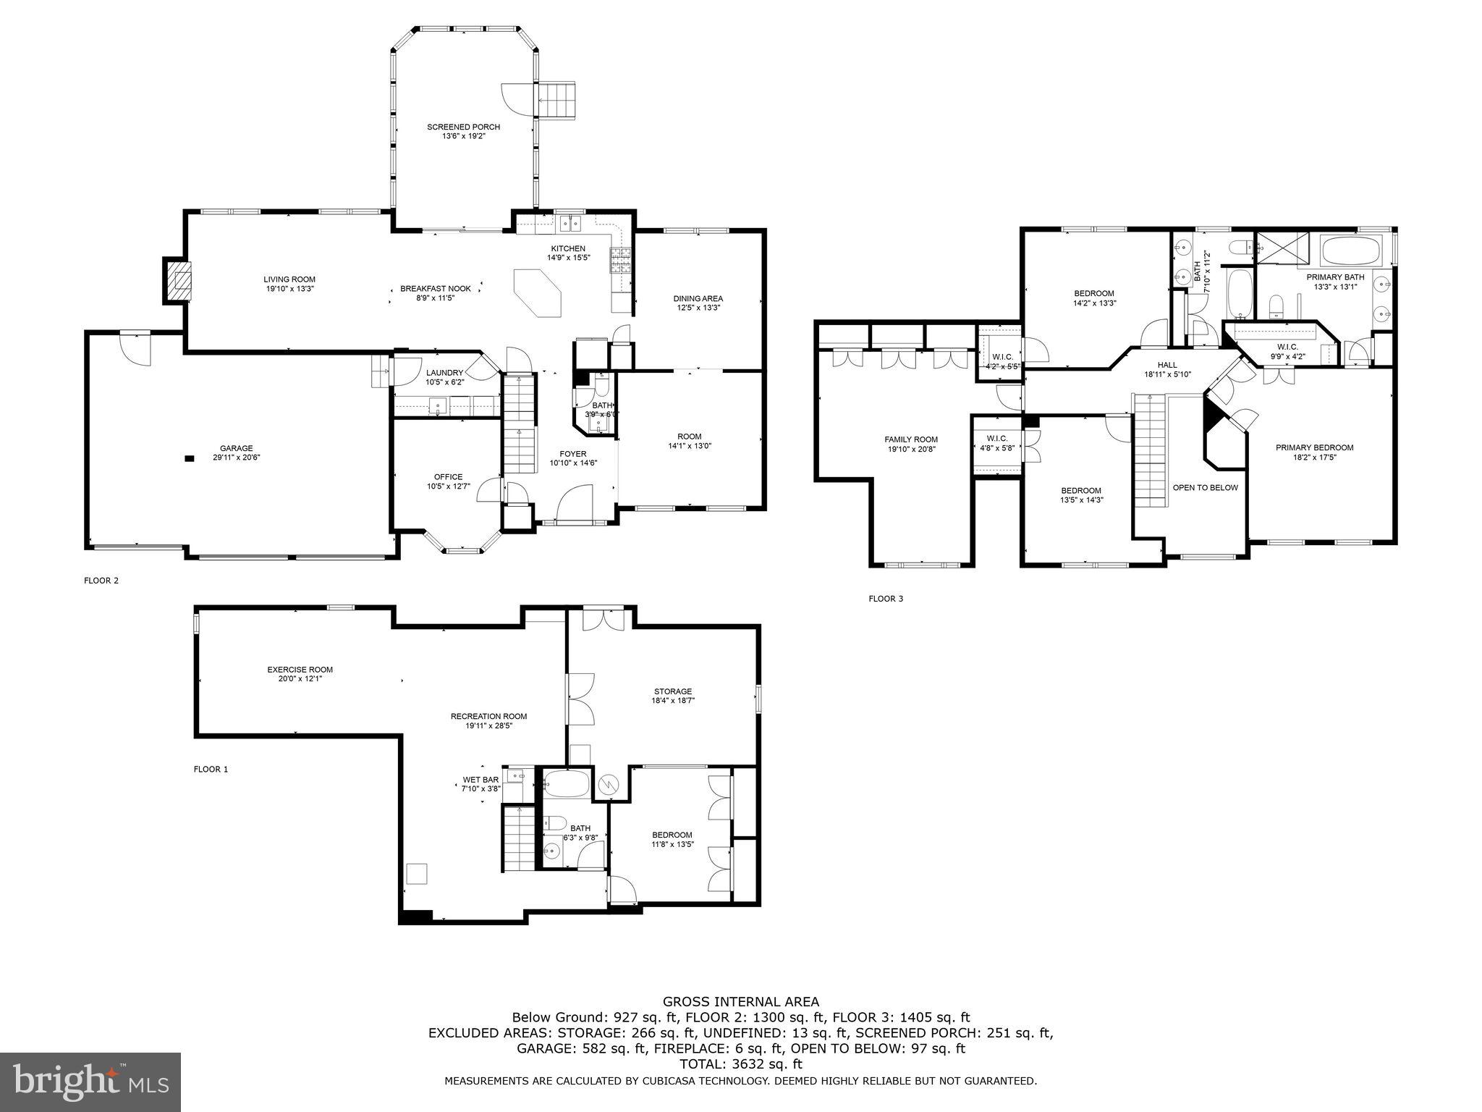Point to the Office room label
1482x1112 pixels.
click(448, 476)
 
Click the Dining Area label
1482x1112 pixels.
click(698, 298)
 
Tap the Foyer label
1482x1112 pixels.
click(573, 454)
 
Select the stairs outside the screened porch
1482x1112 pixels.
click(558, 100)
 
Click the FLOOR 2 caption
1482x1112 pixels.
click(101, 580)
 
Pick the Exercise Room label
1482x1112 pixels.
click(300, 670)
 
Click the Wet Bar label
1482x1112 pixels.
click(481, 780)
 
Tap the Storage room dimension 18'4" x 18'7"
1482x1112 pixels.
click(673, 701)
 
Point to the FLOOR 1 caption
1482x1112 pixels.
click(211, 770)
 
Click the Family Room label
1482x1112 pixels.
click(911, 439)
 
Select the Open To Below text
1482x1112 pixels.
click(1205, 487)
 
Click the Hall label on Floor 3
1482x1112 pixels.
click(1167, 365)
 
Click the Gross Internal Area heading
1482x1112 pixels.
click(741, 1002)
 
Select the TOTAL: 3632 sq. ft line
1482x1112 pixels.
click(741, 1064)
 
